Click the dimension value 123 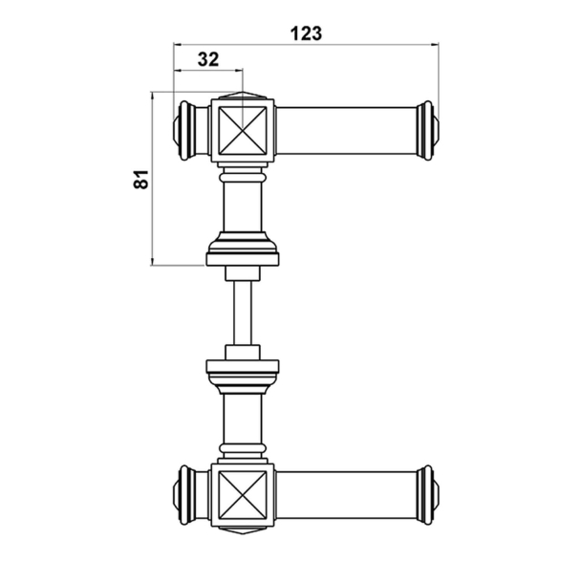click(305, 32)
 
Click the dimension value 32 click(208, 57)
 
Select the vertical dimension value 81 click(140, 178)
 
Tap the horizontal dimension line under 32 click(208, 70)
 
